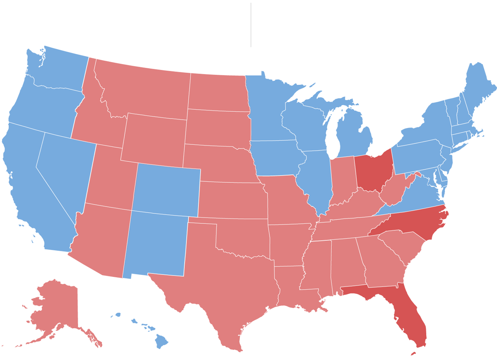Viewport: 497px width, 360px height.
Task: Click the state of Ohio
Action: (x=374, y=172)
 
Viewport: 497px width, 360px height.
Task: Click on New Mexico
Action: (x=155, y=244)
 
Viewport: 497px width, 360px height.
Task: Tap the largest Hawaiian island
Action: (x=161, y=342)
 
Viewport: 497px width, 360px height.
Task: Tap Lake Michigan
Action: (x=331, y=132)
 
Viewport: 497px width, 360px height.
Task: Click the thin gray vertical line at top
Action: (x=251, y=25)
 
